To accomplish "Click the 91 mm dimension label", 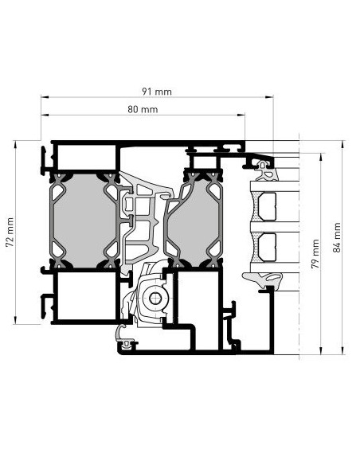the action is pos(157,92).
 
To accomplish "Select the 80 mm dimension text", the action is pos(143,109).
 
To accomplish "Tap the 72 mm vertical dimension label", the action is pos(10,232).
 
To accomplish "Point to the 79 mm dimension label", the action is pos(315,254).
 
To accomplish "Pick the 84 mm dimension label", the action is pos(337,237).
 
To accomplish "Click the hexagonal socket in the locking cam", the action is pos(154,299).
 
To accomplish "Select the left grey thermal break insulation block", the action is pos(84,220).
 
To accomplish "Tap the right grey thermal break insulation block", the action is pos(194,221).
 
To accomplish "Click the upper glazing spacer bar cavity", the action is pos(267,206).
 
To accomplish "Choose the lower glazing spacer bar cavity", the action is pos(267,247).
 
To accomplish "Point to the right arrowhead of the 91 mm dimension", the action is pos(269,96).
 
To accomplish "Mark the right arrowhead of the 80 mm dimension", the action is pos(241,115).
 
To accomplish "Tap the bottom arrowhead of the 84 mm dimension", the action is pos(342,350).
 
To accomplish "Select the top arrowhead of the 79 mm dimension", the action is pos(320,157).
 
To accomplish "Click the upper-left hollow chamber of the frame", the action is pos(86,157).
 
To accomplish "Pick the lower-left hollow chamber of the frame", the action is pos(86,296).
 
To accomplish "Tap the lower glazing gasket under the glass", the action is pos(263,280).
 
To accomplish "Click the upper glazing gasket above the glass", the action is pos(267,171).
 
